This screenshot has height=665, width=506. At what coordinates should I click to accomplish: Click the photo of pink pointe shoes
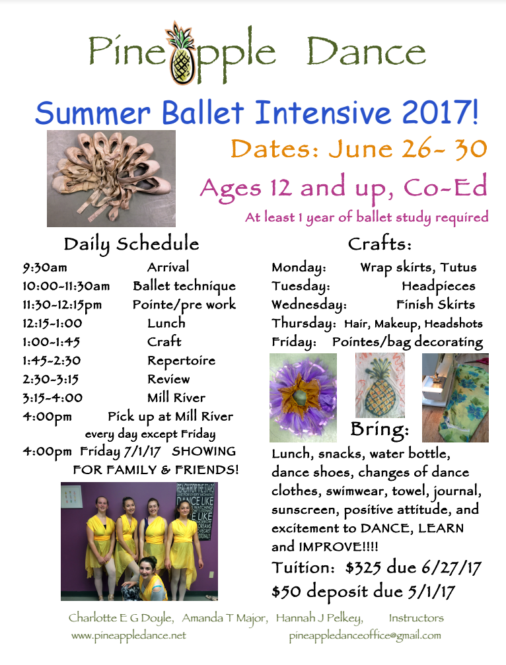(111, 178)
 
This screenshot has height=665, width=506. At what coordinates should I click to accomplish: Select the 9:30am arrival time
(44, 267)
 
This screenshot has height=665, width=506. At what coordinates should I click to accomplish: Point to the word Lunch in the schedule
(166, 323)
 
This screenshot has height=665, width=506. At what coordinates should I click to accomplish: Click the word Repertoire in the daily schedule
(181, 361)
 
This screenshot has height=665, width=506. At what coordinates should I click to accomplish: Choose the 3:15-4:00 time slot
(53, 398)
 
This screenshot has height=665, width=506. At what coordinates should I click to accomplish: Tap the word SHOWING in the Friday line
(203, 451)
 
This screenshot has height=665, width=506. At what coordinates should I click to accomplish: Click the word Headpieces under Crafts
(439, 286)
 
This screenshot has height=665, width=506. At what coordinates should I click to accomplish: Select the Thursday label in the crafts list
(304, 324)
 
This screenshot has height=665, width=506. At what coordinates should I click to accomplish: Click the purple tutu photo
(303, 398)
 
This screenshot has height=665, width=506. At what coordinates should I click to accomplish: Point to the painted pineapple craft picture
(380, 385)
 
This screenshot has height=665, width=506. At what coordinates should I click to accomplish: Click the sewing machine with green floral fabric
(456, 398)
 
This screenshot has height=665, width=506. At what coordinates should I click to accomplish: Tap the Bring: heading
(380, 429)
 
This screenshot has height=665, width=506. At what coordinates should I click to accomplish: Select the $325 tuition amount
(363, 567)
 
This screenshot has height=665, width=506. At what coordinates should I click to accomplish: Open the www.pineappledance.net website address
(129, 636)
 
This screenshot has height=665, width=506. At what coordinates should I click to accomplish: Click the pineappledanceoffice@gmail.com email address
(365, 636)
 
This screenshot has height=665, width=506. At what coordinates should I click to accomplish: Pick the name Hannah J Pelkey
(319, 618)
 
